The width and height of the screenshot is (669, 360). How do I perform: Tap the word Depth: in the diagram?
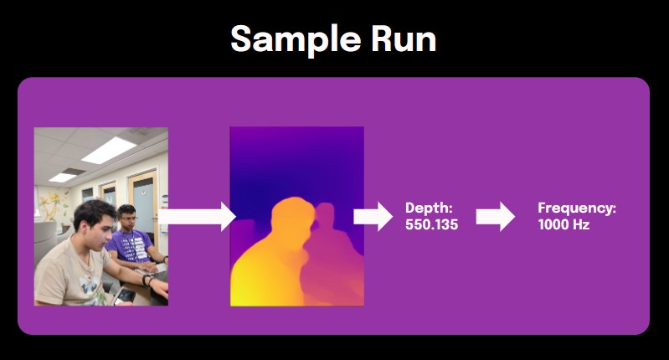pyautogui.click(x=429, y=208)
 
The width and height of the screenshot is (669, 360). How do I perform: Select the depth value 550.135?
pyautogui.click(x=431, y=224)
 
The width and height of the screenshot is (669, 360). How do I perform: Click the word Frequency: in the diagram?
pyautogui.click(x=577, y=208)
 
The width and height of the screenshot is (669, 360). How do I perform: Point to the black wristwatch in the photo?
pyautogui.click(x=148, y=280)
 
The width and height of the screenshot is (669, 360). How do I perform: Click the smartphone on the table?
pyautogui.click(x=124, y=295)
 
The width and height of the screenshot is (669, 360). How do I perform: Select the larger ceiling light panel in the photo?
pyautogui.click(x=109, y=149)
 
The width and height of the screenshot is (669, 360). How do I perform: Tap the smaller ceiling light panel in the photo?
pyautogui.click(x=62, y=177)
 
